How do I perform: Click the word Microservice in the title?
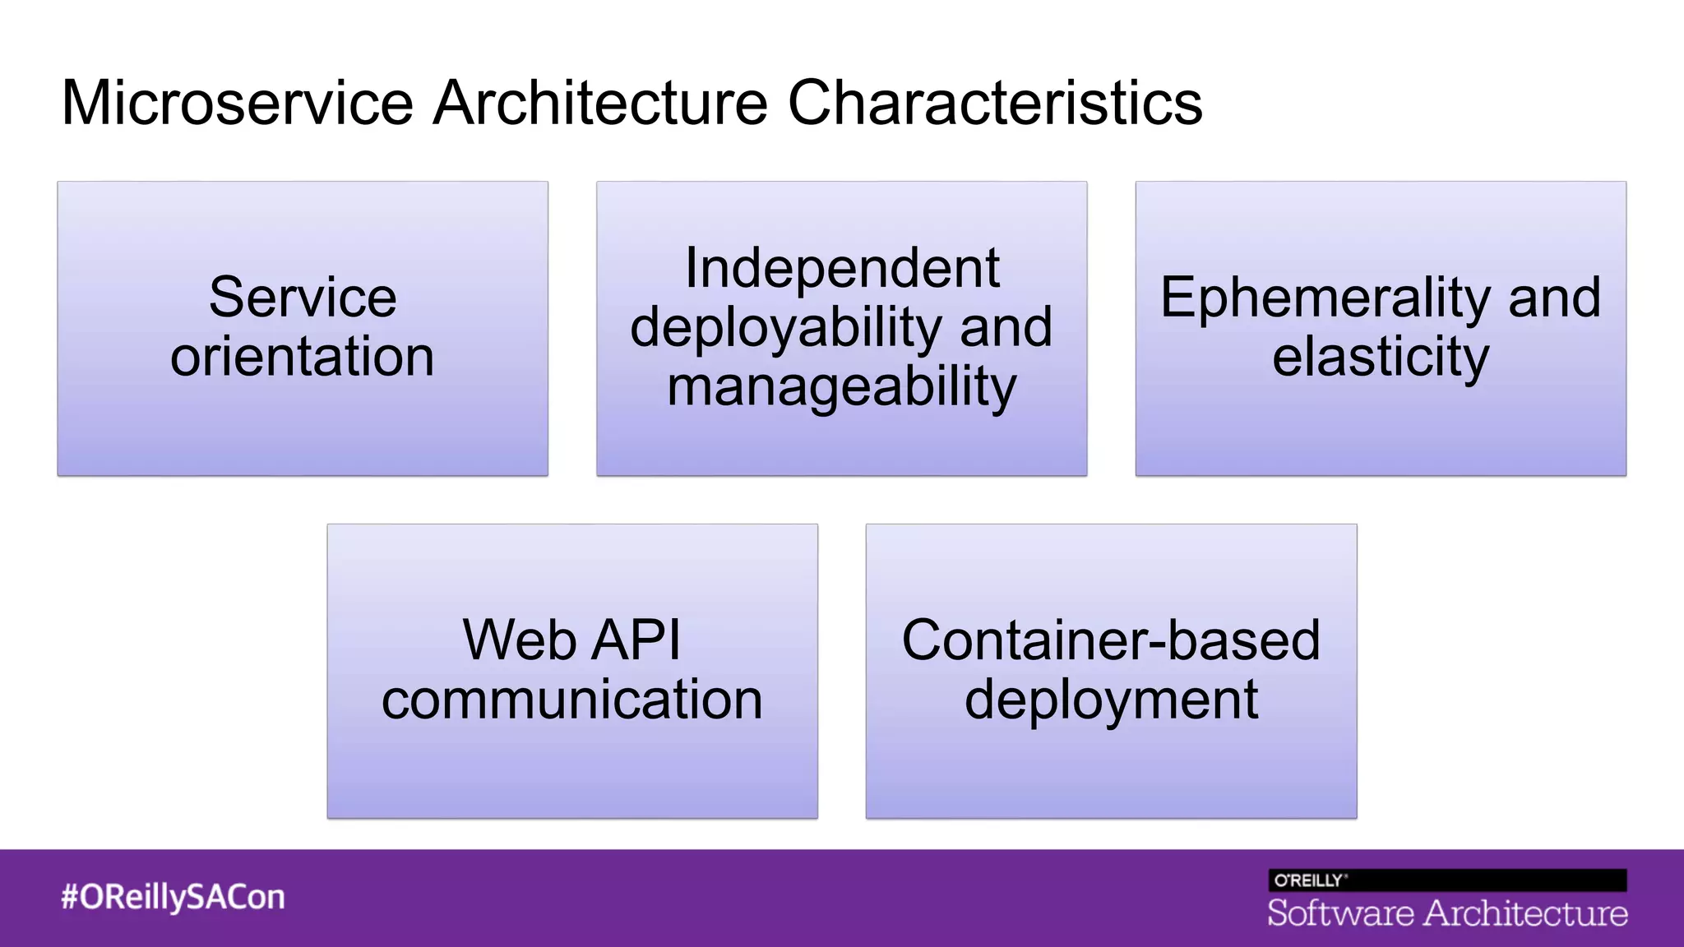[237, 103]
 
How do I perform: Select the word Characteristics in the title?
[995, 103]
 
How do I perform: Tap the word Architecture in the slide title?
[600, 103]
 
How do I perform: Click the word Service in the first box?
[303, 297]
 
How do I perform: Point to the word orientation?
[303, 357]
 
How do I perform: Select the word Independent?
[842, 268]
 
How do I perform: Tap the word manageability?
[842, 387]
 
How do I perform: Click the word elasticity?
[1381, 357]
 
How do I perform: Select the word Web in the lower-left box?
[519, 640]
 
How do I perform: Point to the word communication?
[572, 700]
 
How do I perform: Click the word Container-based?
[1111, 640]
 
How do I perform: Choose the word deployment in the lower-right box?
[1111, 700]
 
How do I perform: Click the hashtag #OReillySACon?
[173, 897]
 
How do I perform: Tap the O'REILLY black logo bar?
[1447, 880]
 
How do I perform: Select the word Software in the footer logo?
[1339, 913]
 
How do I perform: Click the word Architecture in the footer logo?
[1526, 913]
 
